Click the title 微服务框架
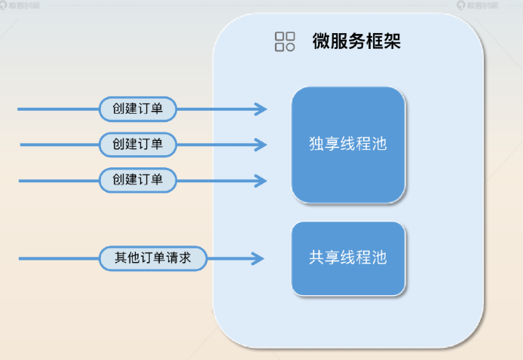(356, 41)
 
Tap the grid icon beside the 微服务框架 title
(285, 41)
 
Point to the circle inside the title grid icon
(289, 47)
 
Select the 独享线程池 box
(348, 145)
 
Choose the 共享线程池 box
(348, 258)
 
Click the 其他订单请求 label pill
(154, 258)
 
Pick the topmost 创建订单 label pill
(138, 109)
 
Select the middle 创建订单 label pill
(138, 144)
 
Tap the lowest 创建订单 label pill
(138, 180)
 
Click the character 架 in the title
(391, 41)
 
